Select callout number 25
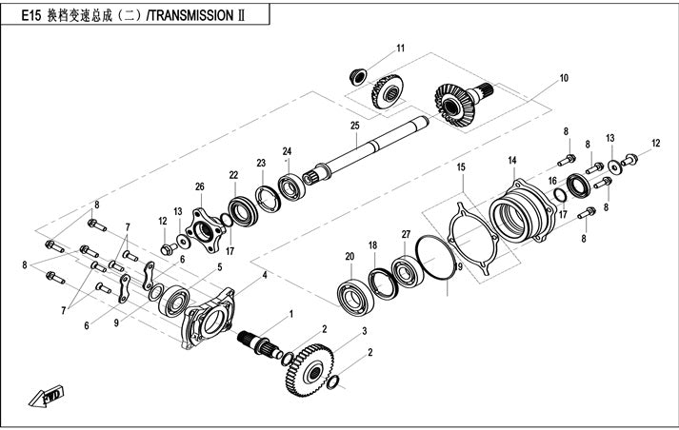[x=354, y=127]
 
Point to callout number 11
[x=401, y=48]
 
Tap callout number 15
[x=461, y=167]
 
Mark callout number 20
[x=349, y=256]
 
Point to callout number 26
[x=200, y=186]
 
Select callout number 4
[x=265, y=274]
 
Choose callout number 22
[x=233, y=175]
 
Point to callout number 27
[x=406, y=234]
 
